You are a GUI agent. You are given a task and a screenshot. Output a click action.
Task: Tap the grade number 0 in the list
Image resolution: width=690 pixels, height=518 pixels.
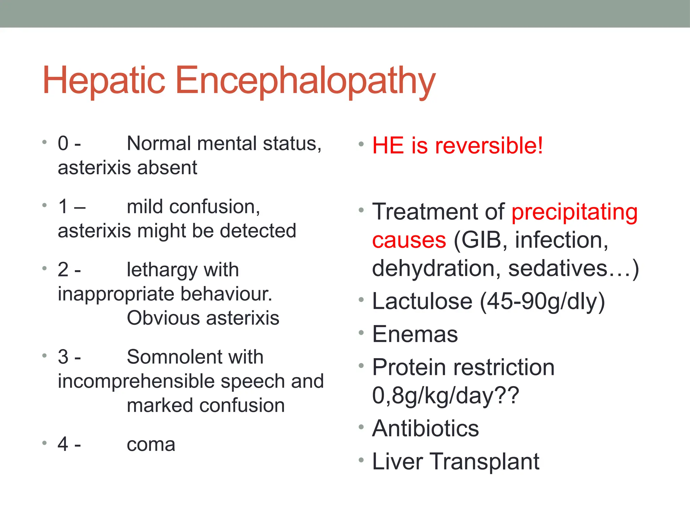coord(63,143)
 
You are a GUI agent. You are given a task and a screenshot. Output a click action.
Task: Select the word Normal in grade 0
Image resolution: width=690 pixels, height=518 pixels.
coord(159,143)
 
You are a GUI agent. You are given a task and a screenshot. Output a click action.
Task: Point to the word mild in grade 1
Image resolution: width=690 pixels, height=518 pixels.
coord(145,206)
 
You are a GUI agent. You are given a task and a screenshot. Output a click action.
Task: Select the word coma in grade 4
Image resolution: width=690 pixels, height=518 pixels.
coord(151,444)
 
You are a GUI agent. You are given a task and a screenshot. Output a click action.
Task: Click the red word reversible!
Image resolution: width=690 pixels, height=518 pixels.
coord(489,146)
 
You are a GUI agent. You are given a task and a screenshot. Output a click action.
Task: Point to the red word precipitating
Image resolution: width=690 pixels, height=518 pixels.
coord(574,212)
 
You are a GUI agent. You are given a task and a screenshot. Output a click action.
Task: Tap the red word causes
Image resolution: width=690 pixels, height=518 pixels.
coord(409,240)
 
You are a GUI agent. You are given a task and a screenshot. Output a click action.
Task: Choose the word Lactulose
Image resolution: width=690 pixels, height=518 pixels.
coord(422,301)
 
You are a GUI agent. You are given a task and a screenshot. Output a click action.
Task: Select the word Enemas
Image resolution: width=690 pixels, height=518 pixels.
coord(415,334)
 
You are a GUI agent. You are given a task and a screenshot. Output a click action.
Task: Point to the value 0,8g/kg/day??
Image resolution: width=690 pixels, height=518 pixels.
coord(445,396)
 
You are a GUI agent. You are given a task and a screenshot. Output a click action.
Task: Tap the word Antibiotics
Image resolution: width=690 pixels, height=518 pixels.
coord(426,428)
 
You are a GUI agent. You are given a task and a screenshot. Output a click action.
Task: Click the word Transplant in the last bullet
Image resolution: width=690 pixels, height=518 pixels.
coord(484,461)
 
